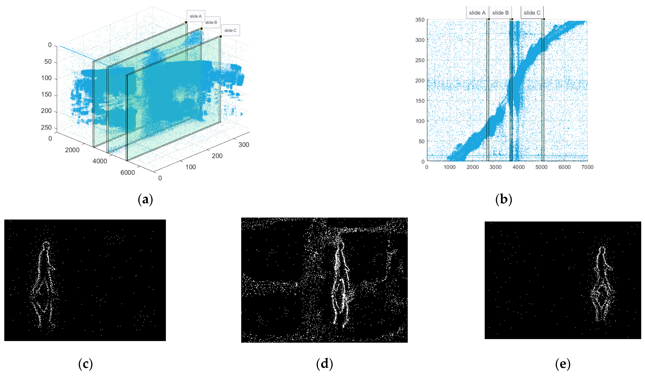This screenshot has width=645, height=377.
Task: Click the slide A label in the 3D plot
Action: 195,16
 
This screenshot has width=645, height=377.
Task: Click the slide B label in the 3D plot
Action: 211,22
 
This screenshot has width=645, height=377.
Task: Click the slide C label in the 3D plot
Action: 230,30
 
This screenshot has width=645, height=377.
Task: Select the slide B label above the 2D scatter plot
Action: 500,13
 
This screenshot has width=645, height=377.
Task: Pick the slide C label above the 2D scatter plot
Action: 532,13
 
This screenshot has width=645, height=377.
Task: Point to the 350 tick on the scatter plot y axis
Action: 420,20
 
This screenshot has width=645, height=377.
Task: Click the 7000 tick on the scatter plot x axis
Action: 587,167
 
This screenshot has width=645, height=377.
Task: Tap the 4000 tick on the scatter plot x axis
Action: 518,167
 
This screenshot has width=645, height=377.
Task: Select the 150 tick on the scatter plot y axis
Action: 420,101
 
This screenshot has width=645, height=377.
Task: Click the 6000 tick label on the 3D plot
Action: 127,173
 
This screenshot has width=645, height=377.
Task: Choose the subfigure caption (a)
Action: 145,199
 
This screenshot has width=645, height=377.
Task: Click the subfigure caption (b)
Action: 503,199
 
